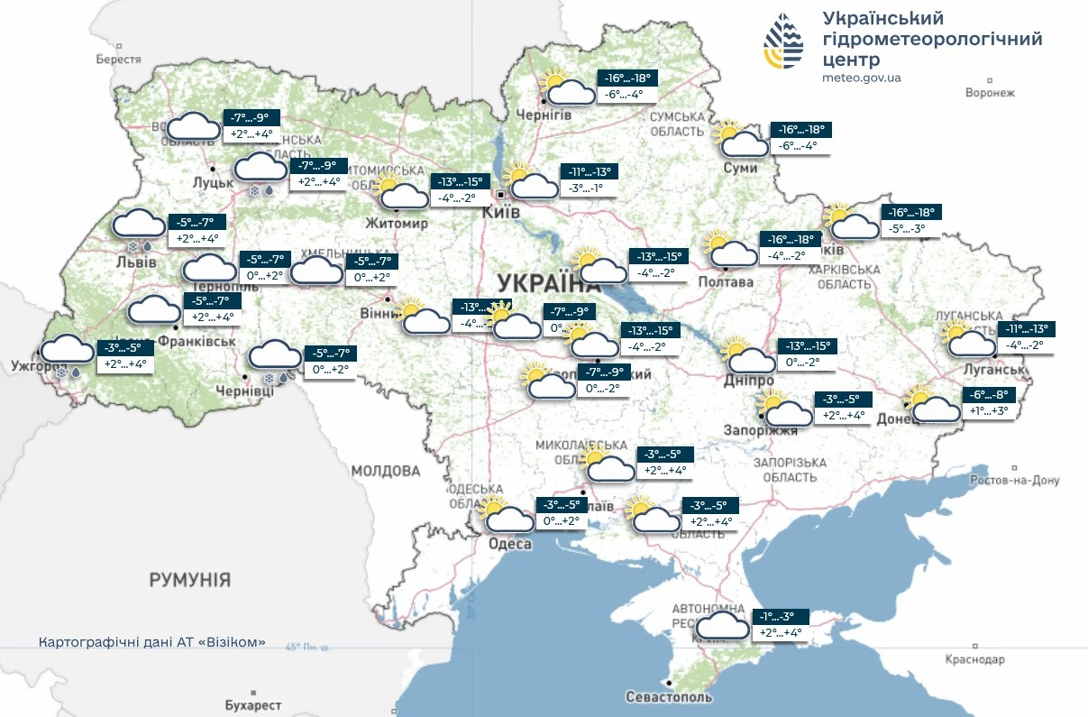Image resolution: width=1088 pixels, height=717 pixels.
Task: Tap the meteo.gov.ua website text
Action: (x=861, y=78)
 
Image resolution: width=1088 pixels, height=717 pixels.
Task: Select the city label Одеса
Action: (x=509, y=544)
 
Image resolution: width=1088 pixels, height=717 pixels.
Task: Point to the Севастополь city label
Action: (x=669, y=696)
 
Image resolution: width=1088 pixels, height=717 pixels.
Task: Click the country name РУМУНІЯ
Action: (x=190, y=579)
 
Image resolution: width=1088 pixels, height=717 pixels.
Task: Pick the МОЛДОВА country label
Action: (x=385, y=471)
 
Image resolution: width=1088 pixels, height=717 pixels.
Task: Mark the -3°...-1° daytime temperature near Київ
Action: (x=586, y=188)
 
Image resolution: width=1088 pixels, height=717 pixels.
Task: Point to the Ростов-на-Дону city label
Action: (x=1014, y=480)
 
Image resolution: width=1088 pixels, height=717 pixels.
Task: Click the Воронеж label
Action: (x=989, y=92)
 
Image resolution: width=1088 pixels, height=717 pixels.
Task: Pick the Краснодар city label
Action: (x=974, y=659)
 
